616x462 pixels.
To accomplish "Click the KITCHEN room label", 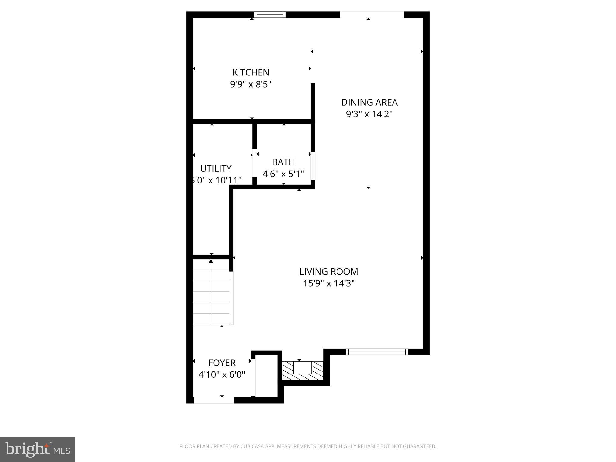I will (x=251, y=72).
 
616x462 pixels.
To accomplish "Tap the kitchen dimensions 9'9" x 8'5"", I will (x=251, y=84).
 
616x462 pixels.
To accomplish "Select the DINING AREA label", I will (x=369, y=103).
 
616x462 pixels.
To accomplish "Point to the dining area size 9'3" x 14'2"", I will (x=369, y=114).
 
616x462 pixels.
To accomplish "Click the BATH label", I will (x=283, y=162).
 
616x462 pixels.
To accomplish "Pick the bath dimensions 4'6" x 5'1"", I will (x=283, y=174).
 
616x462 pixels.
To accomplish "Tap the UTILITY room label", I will (x=216, y=168).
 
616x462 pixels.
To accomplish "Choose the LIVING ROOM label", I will (x=328, y=272).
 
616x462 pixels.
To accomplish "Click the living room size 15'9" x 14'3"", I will (x=328, y=283).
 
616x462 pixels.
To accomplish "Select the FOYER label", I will (x=222, y=363).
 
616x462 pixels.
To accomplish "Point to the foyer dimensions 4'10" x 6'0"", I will (x=222, y=375).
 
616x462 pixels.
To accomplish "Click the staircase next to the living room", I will (x=211, y=296).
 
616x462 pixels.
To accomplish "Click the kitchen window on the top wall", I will (x=270, y=15).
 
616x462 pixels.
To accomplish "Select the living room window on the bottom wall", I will (x=377, y=352).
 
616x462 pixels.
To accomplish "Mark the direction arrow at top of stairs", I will (x=211, y=261).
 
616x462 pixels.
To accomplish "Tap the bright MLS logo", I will (x=37, y=449).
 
